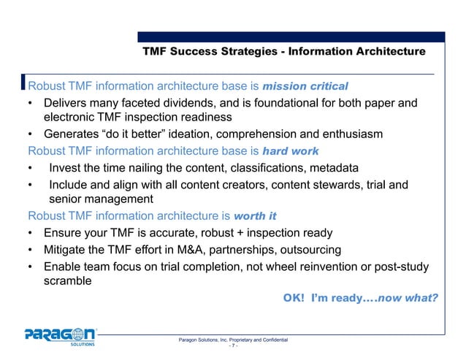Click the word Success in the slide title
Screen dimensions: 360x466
point(199,52)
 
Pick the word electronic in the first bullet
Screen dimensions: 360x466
point(77,117)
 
